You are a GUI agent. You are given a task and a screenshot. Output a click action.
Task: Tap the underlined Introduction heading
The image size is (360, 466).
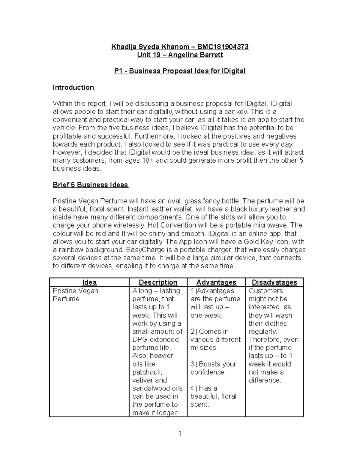[x=73, y=87]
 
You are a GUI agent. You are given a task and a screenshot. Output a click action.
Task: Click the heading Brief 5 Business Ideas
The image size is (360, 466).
[x=90, y=185]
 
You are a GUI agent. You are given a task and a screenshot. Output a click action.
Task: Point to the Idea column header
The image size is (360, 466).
[x=89, y=282]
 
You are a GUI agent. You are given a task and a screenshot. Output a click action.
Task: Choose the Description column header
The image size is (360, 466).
[x=158, y=282]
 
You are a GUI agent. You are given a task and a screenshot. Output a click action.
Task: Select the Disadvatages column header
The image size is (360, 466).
[x=274, y=282]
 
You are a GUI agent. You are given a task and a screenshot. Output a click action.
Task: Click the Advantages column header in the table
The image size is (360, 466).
[x=216, y=282]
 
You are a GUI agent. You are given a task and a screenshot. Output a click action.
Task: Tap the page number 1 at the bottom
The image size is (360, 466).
[x=180, y=433]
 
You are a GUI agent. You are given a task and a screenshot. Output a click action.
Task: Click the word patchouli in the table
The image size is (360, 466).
[x=147, y=372]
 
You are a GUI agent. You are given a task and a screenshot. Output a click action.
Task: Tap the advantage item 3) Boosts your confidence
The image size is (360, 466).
[x=213, y=368]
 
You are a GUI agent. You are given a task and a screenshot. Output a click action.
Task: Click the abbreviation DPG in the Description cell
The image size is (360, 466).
[x=140, y=340]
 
